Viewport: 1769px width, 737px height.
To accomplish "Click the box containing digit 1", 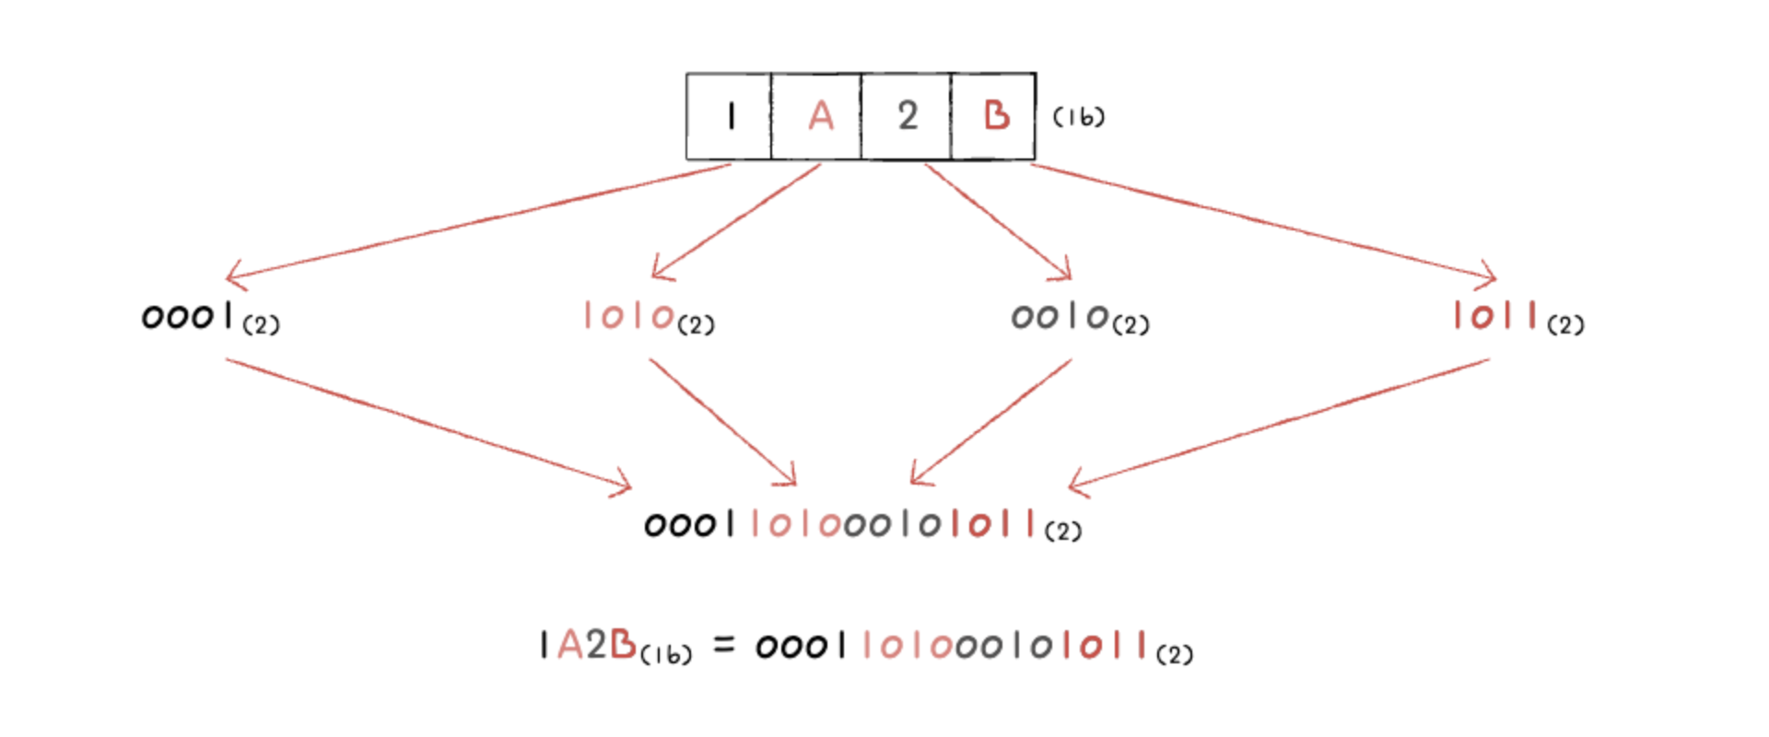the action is (730, 117).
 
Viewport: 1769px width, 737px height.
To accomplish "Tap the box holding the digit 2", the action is (907, 117).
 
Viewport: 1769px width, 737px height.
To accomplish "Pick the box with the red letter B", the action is (994, 117).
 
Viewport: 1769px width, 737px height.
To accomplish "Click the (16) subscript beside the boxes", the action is (1078, 117).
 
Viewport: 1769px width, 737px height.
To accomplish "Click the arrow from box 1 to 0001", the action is (479, 221).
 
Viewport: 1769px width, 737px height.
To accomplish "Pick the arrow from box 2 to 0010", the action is (999, 221).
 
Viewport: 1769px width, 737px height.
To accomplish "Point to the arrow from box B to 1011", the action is (1262, 221).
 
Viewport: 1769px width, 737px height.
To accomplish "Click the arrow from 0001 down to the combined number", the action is (428, 423).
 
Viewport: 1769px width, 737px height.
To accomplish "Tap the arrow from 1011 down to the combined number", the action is (1281, 423).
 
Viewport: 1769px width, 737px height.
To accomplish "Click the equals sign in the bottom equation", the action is (724, 645).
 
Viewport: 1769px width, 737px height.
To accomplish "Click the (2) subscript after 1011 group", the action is (1565, 325).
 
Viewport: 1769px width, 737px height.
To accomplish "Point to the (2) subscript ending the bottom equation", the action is (1175, 654).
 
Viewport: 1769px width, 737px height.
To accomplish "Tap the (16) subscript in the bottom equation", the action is (665, 654).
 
